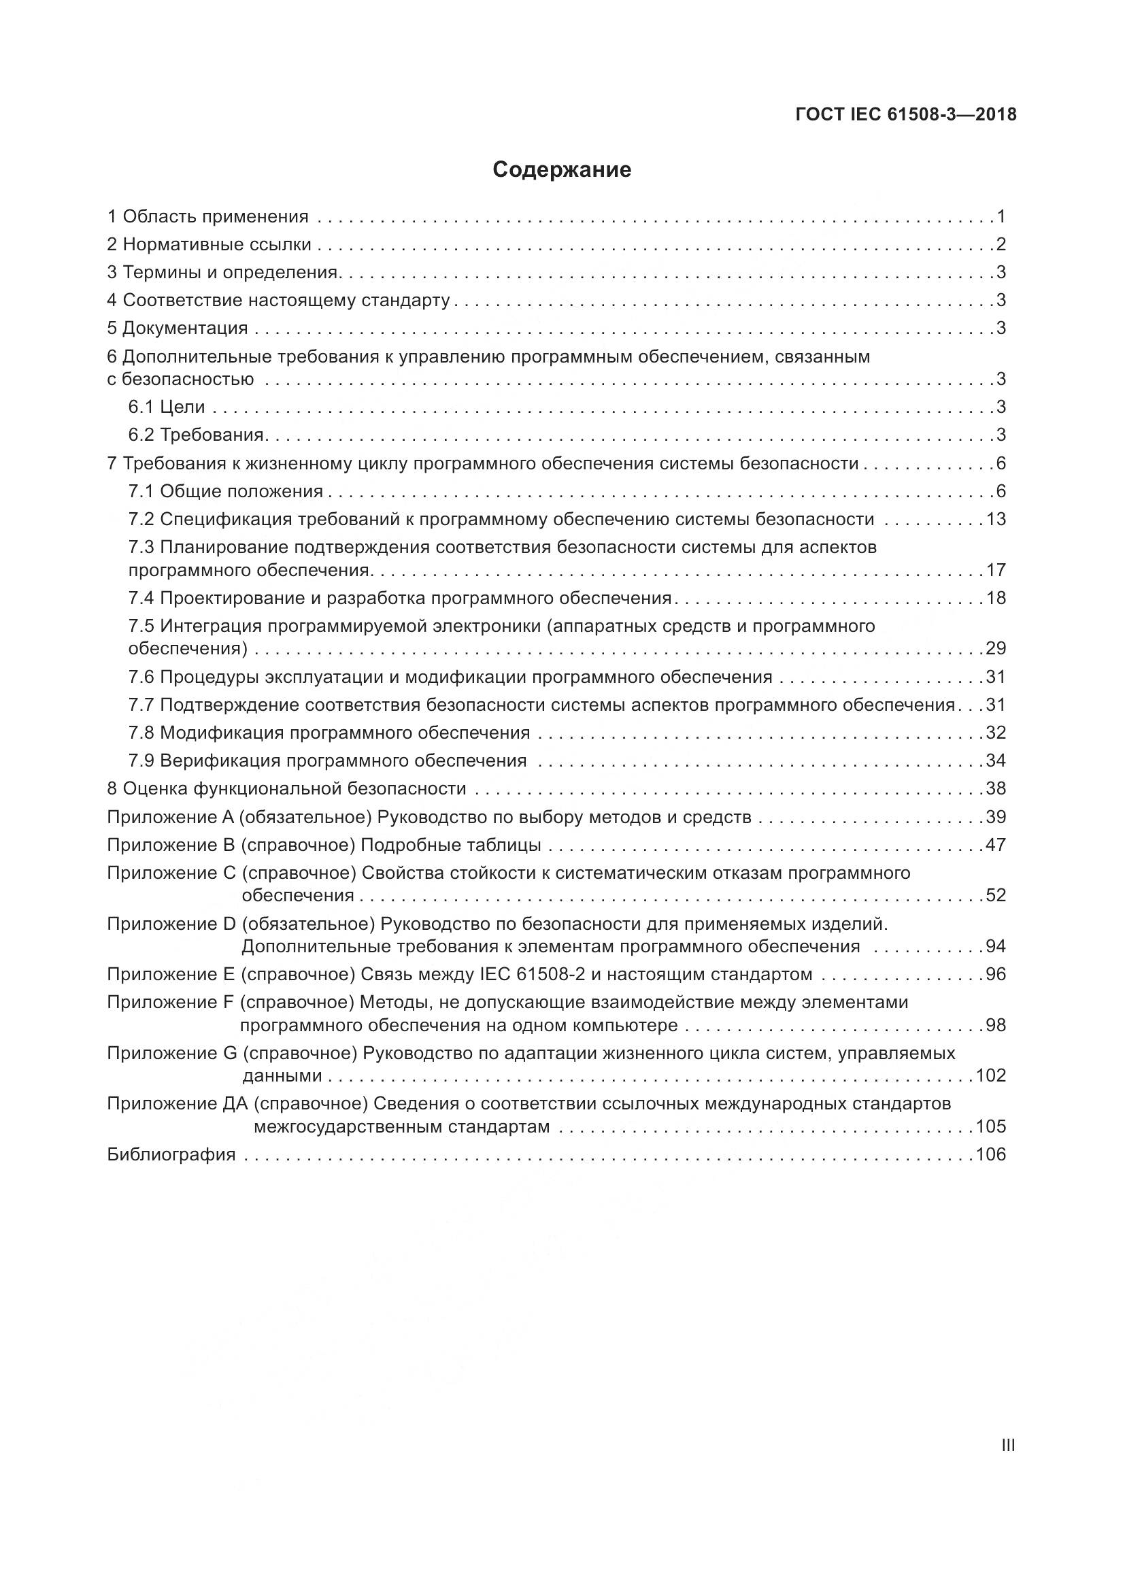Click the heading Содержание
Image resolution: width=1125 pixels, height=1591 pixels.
[562, 170]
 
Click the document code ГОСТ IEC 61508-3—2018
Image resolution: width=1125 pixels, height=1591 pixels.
[906, 114]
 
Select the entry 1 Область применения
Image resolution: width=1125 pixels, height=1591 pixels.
[208, 217]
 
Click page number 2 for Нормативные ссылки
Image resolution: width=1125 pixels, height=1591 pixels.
[1001, 245]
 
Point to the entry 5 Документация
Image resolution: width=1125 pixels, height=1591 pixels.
[178, 328]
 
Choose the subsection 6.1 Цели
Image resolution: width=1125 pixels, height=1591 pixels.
[167, 407]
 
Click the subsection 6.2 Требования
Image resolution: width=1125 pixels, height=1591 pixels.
[197, 435]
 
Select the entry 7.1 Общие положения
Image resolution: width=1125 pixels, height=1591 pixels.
[226, 491]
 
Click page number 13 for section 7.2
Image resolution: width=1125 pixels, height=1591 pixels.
[996, 519]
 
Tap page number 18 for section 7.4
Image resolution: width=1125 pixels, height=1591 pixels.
[996, 598]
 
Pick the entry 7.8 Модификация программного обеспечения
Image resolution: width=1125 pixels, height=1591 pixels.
[329, 733]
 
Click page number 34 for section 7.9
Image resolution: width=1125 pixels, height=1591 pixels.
[996, 760]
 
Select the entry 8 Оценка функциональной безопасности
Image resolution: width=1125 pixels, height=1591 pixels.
[287, 788]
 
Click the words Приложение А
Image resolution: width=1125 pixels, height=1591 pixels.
[171, 817]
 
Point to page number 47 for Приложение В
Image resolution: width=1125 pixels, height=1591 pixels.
[996, 845]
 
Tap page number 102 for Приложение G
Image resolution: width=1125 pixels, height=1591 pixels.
[990, 1075]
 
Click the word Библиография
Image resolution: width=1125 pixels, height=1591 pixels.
[171, 1154]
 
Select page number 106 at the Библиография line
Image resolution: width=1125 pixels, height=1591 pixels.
[990, 1154]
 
